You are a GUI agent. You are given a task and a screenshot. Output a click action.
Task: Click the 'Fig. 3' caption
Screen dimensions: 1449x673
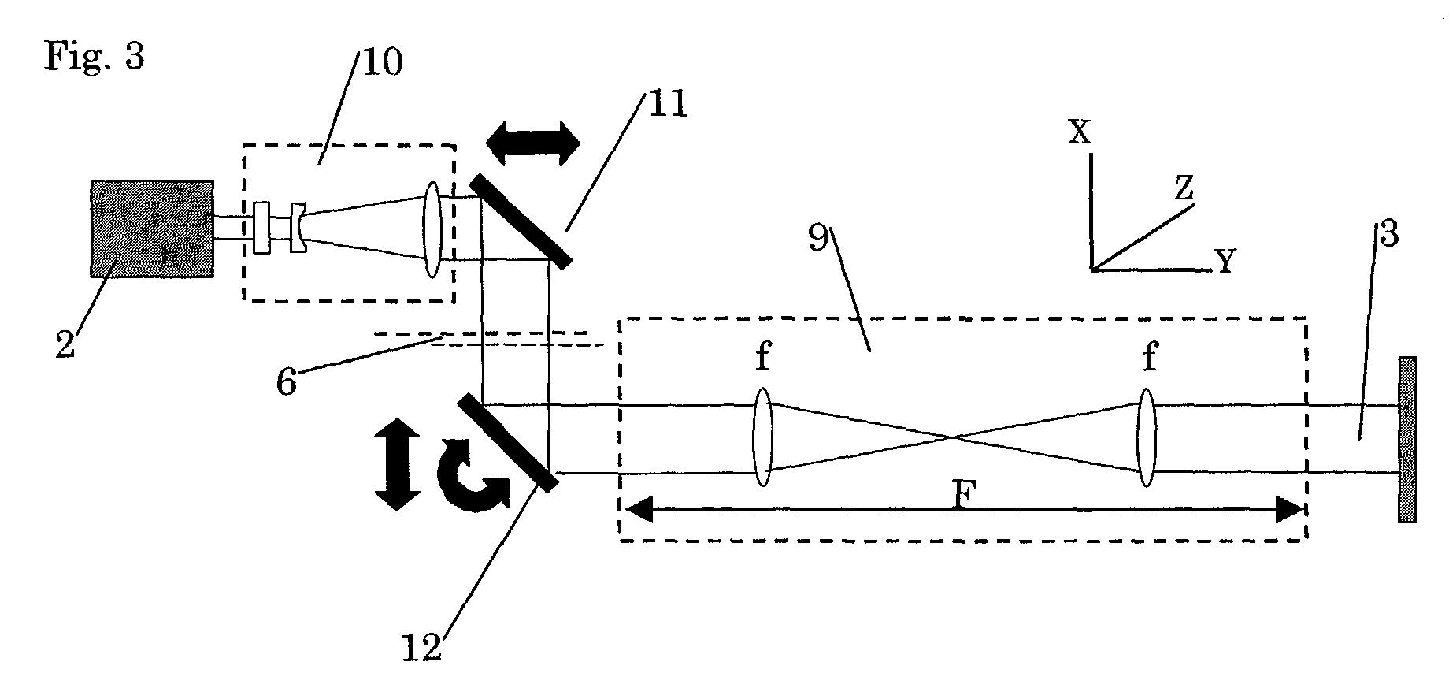94,57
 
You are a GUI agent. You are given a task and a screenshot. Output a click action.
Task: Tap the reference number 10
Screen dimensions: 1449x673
382,61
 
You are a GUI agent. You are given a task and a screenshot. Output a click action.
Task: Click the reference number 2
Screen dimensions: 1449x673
65,344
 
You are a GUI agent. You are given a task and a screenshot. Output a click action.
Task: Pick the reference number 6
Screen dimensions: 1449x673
286,382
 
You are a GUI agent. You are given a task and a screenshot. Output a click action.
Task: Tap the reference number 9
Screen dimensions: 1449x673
819,238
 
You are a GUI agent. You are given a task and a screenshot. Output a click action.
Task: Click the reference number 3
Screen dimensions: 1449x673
1388,235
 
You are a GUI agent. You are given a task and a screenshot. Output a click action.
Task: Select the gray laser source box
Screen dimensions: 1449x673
152,229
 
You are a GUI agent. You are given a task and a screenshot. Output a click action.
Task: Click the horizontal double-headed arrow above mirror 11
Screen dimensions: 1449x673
533,143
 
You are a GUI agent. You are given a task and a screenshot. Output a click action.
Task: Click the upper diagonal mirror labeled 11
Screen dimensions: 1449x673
520,222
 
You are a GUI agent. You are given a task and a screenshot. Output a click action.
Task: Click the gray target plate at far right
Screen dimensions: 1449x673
1407,440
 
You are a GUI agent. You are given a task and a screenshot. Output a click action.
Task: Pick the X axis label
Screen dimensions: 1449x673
1080,132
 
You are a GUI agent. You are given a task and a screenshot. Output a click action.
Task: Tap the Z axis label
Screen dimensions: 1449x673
1184,188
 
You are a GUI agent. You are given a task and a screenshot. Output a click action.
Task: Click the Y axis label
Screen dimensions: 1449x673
1225,261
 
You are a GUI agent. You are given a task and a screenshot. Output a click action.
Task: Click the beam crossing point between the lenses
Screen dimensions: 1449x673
953,437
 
